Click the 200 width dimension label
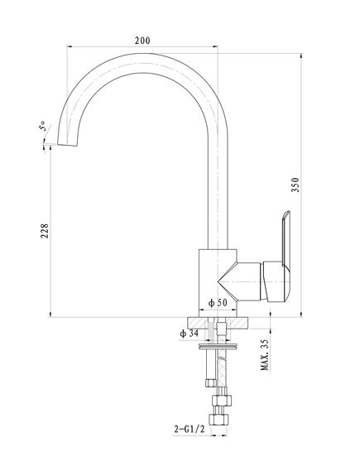tap(142, 41)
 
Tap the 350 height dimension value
tap(295, 185)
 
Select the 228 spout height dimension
tap(45, 231)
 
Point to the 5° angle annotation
tap(43, 126)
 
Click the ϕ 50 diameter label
tap(218, 303)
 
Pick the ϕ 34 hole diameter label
tap(189, 333)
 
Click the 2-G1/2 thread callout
tap(190, 430)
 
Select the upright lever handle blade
tap(286, 238)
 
